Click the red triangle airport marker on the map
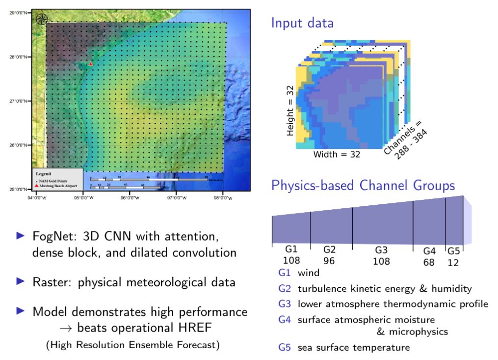point(91,64)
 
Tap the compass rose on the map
point(42,19)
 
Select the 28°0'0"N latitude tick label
point(19,57)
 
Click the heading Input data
point(302,23)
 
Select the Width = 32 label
point(337,155)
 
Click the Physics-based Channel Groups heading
point(363,186)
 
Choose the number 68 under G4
point(429,262)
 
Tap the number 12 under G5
point(453,262)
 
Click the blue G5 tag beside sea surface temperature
point(285,347)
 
